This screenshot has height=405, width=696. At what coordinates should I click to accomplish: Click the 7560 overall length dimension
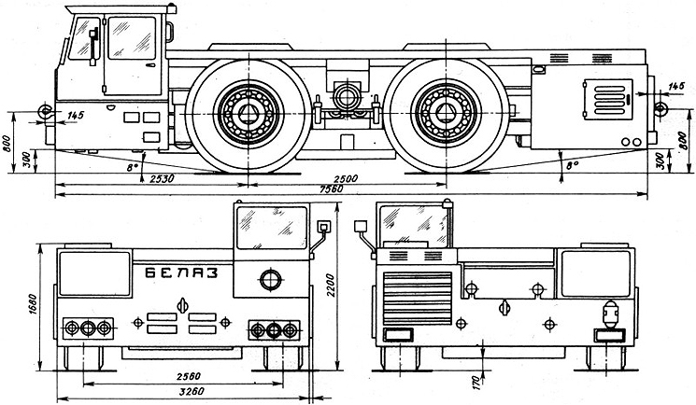(331, 189)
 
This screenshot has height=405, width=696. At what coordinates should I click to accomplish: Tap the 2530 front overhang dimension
(162, 178)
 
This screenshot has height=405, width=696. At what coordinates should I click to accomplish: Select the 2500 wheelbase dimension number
(346, 179)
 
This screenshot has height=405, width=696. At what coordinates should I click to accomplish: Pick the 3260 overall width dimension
(192, 391)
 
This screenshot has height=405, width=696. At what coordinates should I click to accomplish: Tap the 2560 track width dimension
(189, 376)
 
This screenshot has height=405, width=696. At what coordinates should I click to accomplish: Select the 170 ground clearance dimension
(476, 382)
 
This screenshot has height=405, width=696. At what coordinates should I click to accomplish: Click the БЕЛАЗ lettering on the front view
(182, 272)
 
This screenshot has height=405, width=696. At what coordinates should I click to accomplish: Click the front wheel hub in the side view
(249, 114)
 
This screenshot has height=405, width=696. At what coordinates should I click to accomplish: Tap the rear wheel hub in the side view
(447, 114)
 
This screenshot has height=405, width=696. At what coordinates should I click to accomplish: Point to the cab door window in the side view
(132, 38)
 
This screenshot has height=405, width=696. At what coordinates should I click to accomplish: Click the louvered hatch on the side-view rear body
(607, 99)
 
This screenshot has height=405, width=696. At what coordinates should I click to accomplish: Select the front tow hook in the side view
(45, 111)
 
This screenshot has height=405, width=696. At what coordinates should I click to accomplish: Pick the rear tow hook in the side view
(660, 108)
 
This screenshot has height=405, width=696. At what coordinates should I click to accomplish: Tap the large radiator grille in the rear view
(418, 299)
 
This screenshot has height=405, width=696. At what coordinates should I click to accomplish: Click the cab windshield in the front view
(272, 228)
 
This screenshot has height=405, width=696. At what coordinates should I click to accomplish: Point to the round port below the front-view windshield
(271, 280)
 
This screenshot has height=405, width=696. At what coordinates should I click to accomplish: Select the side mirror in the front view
(323, 227)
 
